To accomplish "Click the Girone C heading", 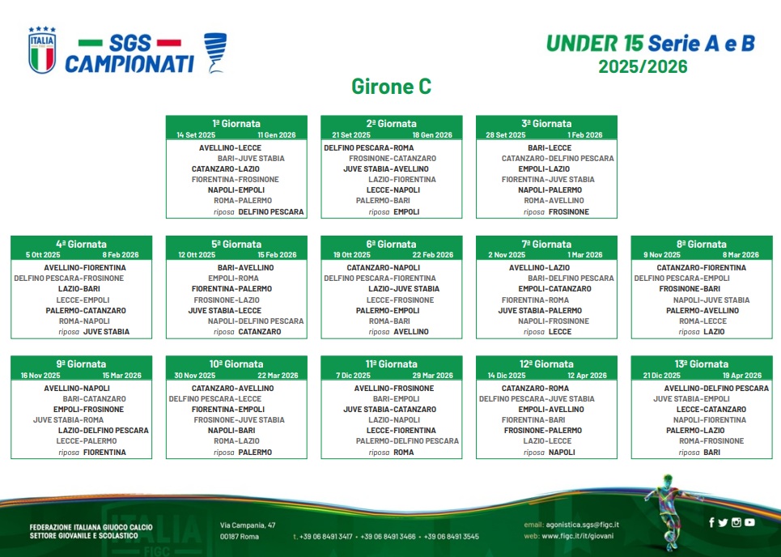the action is click(x=391, y=86).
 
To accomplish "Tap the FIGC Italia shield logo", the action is click(x=42, y=50).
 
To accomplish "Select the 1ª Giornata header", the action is click(x=236, y=124).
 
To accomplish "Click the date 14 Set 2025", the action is click(x=196, y=135).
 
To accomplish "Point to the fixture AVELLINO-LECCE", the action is click(x=230, y=148).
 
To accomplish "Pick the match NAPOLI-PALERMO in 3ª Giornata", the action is click(x=550, y=189).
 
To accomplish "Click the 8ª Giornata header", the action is click(x=702, y=244).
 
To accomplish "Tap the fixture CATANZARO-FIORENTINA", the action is click(x=702, y=267).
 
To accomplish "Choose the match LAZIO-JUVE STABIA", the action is click(x=404, y=288).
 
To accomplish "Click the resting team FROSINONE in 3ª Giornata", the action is click(x=569, y=212).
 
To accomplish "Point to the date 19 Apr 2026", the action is click(x=742, y=375).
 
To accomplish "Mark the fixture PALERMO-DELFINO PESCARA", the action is click(x=407, y=441).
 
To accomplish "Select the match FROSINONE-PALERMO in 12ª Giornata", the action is click(x=543, y=430).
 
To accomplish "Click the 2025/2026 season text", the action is click(x=643, y=66).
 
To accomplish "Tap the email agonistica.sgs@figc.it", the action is click(x=582, y=524).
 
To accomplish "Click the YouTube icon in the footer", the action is click(x=749, y=522).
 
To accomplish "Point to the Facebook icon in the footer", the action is click(x=711, y=522).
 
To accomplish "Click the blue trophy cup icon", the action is click(x=215, y=53).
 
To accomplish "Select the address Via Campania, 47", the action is click(x=248, y=525).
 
